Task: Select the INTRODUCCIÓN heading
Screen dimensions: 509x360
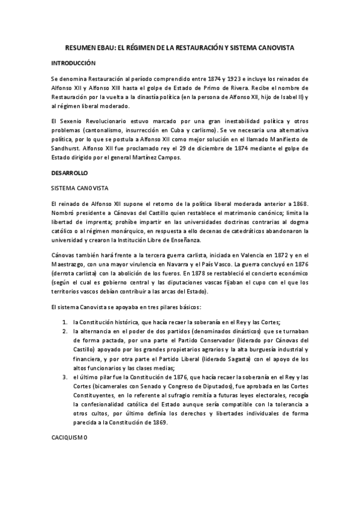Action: (73, 62)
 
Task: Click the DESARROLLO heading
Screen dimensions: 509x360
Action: (70, 172)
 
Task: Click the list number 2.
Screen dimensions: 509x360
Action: (64, 331)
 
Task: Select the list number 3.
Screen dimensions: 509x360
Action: (64, 376)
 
